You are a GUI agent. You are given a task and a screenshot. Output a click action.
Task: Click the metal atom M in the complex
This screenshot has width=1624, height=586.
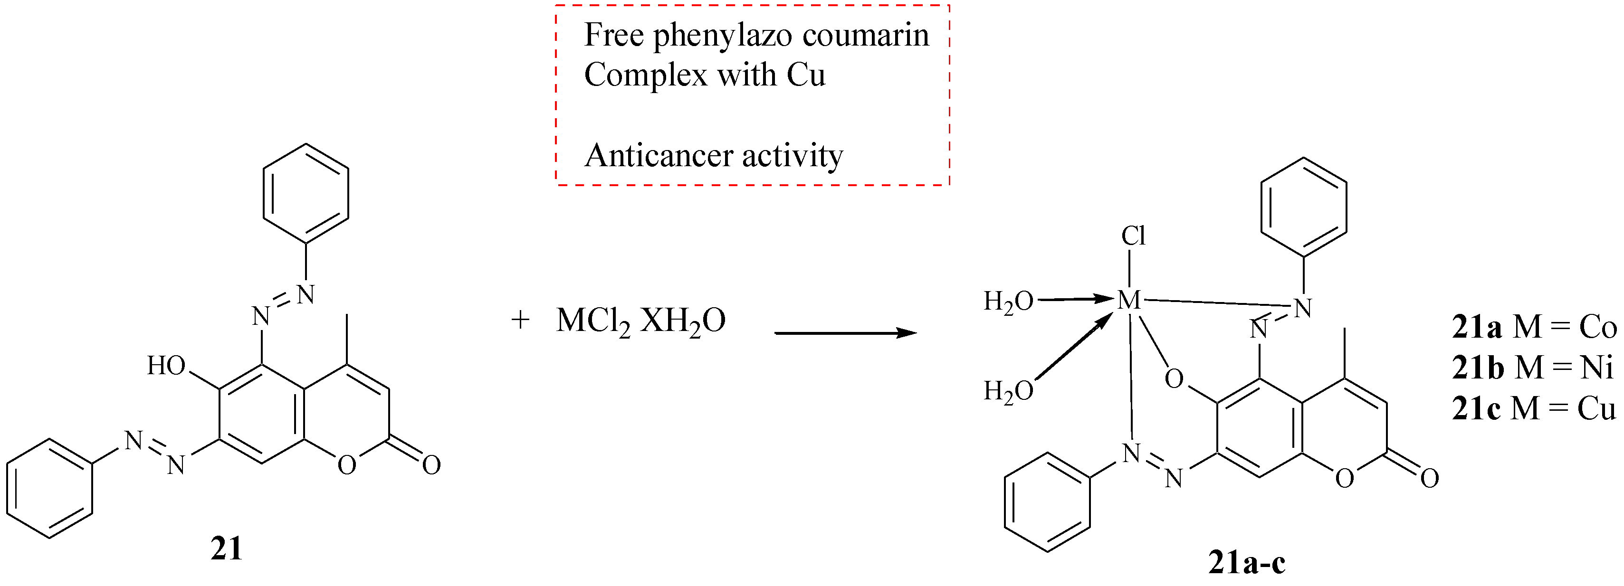(x=1128, y=301)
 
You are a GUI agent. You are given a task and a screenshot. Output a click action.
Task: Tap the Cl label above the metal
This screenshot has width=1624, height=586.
(x=1133, y=236)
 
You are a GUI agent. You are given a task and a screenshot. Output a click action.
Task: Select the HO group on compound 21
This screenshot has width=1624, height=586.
(x=166, y=366)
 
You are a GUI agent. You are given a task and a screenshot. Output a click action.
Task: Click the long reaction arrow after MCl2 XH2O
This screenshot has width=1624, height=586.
(x=845, y=333)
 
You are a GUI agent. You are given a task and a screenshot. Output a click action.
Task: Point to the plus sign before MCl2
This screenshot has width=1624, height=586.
(x=520, y=321)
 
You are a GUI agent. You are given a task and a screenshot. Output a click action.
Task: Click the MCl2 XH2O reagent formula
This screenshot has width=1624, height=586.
(x=640, y=321)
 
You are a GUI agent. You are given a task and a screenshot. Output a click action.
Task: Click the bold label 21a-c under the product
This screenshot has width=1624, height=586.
(x=1246, y=563)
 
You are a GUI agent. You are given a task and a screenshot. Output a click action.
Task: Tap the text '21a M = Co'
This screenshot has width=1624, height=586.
(x=1534, y=328)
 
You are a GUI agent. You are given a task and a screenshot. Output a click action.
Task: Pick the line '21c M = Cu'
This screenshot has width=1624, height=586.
(x=1534, y=409)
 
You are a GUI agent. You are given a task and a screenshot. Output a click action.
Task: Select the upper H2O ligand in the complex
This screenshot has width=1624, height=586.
(x=1009, y=302)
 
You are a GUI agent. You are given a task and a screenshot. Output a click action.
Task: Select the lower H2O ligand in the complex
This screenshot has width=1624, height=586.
(x=1009, y=391)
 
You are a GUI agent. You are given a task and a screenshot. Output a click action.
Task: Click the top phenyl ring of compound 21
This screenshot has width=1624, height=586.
(x=306, y=192)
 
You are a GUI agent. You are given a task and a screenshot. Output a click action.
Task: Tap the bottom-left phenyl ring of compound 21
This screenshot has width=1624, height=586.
(x=50, y=488)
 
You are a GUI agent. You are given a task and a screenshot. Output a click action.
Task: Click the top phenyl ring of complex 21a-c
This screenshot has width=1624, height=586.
(x=1303, y=207)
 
